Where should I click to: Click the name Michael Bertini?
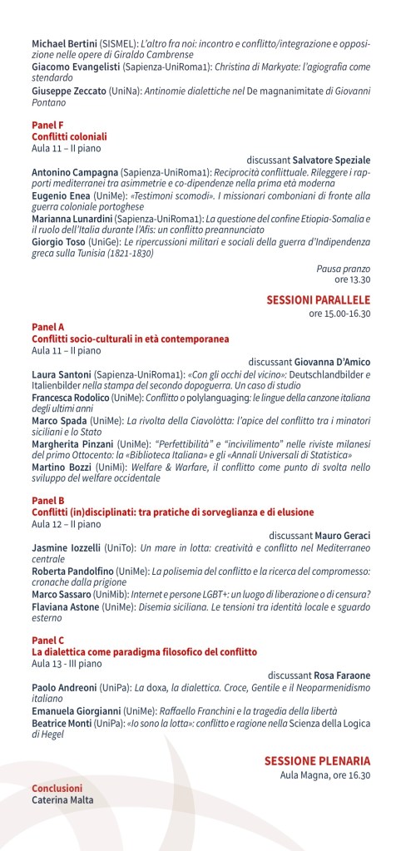[64, 42]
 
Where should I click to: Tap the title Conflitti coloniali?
[69, 136]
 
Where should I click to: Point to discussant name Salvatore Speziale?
[335, 159]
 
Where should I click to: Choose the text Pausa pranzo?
[343, 269]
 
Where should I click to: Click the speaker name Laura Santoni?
[61, 374]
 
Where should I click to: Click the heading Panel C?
[47, 640]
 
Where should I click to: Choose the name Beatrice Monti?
[67, 724]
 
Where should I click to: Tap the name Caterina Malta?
[62, 800]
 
